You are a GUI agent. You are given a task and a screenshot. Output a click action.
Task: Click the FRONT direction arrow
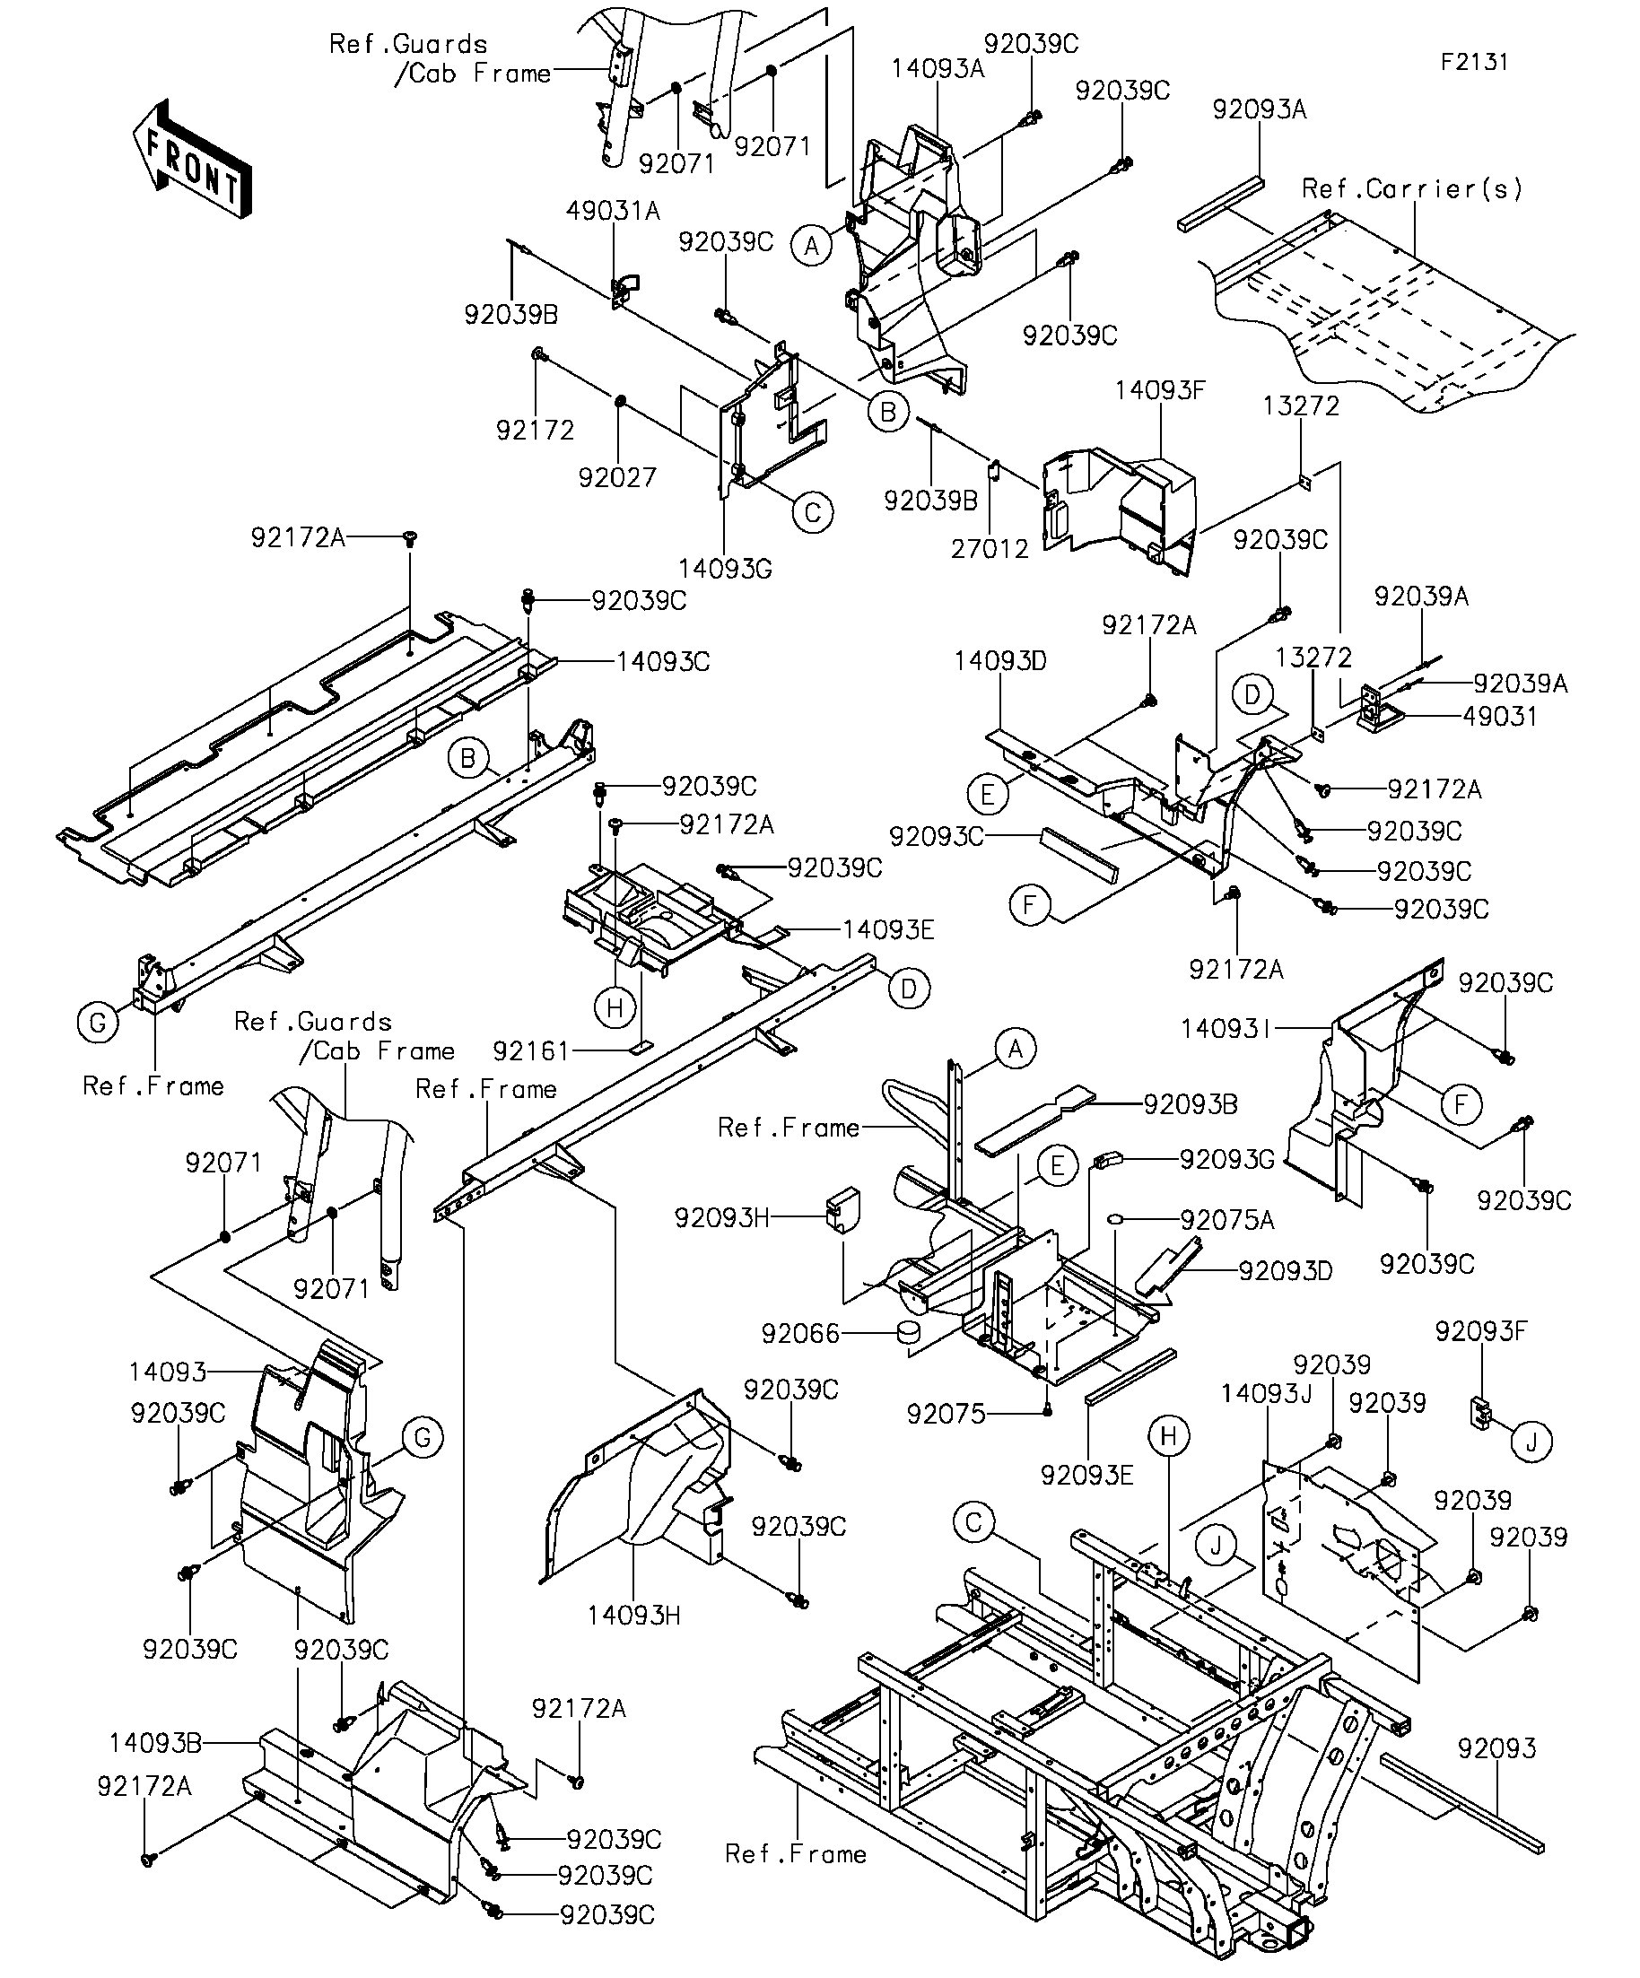point(192,159)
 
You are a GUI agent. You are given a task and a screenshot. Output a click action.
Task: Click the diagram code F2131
point(1474,62)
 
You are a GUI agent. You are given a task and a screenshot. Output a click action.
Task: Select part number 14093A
point(938,68)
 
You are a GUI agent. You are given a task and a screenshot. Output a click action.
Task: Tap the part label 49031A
point(614,211)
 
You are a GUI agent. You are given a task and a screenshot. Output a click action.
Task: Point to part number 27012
point(990,548)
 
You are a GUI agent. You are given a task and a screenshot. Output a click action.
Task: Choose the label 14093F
point(1160,390)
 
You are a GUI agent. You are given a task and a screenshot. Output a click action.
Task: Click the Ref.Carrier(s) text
point(1412,189)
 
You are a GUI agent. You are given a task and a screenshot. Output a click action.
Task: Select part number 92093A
point(1260,109)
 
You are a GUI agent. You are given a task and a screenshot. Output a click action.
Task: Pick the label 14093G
point(725,568)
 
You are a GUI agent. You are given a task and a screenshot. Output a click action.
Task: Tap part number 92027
point(617,477)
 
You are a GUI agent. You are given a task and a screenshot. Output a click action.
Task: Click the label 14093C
point(663,661)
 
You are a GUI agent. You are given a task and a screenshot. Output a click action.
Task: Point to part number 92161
point(532,1050)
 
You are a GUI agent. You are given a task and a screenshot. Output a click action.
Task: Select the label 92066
point(799,1334)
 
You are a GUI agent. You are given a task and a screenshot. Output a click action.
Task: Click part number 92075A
point(1227,1221)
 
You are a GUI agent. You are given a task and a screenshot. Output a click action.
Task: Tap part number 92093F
point(1482,1331)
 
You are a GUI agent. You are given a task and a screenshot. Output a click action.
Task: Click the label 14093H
point(634,1616)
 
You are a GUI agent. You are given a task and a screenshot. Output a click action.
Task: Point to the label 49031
point(1502,716)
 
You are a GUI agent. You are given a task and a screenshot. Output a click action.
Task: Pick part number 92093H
point(721,1218)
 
